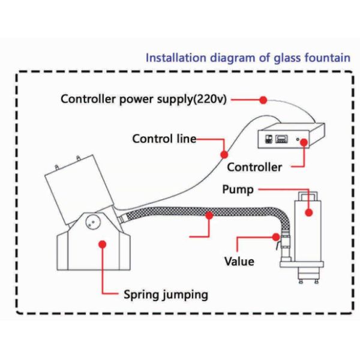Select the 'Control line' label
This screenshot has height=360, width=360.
click(164, 139)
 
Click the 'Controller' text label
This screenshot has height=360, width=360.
click(254, 167)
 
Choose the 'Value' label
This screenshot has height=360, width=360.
click(239, 262)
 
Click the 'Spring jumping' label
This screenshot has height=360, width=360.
click(166, 295)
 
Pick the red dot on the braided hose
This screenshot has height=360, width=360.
click(209, 214)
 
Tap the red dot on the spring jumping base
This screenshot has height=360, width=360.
click(103, 245)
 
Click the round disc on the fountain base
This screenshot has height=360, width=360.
click(92, 222)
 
